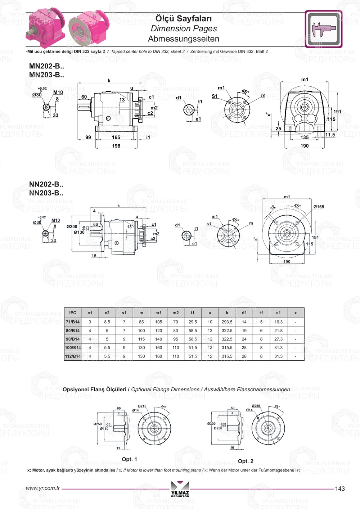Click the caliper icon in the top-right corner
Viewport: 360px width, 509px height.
pos(323,29)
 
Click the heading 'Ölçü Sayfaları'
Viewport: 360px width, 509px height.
pos(184,18)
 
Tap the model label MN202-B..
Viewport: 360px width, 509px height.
pos(46,66)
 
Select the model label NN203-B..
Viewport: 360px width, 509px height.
pos(46,193)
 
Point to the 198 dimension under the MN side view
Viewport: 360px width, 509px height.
pos(116,146)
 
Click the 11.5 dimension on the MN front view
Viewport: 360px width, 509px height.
pos(330,135)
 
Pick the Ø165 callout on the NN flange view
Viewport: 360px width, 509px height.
pos(319,207)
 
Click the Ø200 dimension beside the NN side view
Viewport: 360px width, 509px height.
pos(72,226)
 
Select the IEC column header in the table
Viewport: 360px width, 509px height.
pos(73,313)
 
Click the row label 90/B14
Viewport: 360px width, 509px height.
pos(73,339)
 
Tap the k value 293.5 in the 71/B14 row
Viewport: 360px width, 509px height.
pos(227,322)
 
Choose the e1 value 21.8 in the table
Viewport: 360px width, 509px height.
pos(278,330)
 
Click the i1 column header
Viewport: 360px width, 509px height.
pos(193,313)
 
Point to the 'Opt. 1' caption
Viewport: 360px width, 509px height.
pos(129,459)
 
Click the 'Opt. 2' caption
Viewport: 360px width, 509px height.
pos(246,461)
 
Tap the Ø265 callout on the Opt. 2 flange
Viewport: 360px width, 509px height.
pos(256,406)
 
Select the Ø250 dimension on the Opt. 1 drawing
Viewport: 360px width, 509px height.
pos(98,424)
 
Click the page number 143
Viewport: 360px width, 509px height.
pos(339,488)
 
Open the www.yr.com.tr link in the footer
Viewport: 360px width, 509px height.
pos(43,488)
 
